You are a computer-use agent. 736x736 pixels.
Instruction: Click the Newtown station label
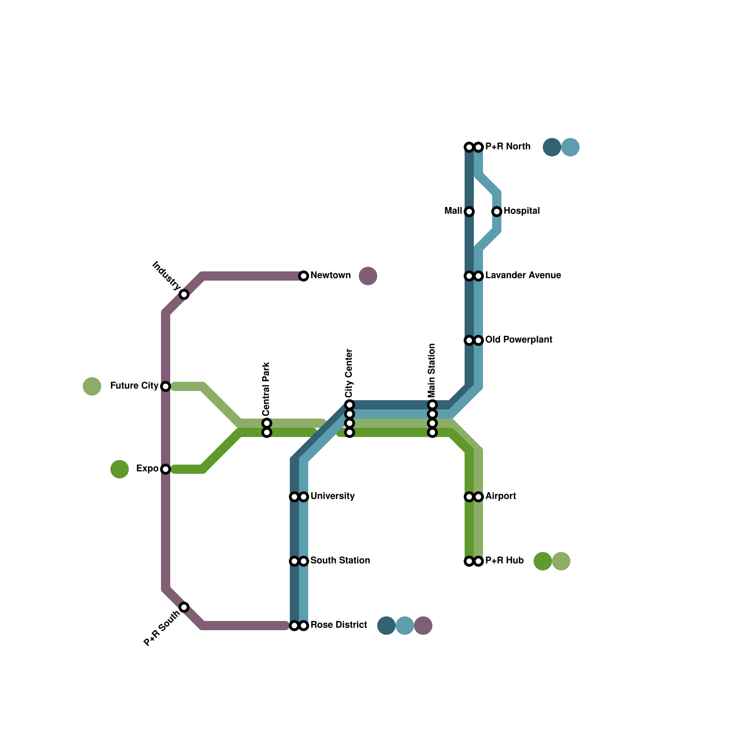tap(330, 276)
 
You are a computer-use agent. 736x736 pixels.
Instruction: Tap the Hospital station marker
tap(497, 212)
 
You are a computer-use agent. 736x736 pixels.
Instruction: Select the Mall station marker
tap(469, 212)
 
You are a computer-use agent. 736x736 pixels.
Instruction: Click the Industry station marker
tap(184, 294)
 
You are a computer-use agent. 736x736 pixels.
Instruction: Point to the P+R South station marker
tap(184, 607)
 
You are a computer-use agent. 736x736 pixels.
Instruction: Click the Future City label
tap(134, 386)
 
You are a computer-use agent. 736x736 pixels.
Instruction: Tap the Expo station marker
tap(166, 469)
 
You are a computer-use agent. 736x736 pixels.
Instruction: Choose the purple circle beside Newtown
tap(368, 276)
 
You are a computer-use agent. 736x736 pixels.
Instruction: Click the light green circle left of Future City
tap(92, 386)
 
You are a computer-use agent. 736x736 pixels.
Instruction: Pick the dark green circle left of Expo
tap(120, 469)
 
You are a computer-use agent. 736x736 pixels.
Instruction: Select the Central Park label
tap(266, 388)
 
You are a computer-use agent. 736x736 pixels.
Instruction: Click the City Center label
tap(349, 374)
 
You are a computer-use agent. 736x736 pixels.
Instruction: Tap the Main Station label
tap(432, 371)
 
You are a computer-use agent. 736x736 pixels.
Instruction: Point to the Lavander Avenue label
tap(523, 276)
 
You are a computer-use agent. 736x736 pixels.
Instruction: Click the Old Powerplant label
tap(518, 340)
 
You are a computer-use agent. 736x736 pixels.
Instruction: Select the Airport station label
tap(500, 496)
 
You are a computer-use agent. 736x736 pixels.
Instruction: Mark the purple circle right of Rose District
tap(423, 626)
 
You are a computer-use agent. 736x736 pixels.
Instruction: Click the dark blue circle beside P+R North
tap(552, 147)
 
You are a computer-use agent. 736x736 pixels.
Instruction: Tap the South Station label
tap(340, 561)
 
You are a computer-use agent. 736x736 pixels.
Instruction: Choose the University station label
tap(332, 496)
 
